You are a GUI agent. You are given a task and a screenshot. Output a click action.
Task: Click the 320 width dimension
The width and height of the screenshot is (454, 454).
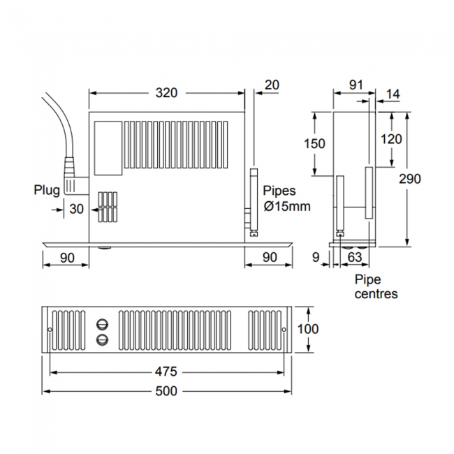coord(167,92)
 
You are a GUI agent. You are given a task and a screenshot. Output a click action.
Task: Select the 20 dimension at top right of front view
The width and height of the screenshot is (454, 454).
coord(272,85)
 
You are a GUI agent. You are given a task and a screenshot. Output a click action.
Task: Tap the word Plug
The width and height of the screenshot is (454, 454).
coord(47,189)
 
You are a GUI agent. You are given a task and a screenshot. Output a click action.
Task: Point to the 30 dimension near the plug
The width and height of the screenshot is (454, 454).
coord(76,208)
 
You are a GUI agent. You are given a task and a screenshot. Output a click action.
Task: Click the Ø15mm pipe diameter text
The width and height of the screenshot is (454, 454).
coord(286,206)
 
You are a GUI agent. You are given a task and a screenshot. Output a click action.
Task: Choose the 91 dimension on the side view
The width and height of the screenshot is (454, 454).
coord(356,85)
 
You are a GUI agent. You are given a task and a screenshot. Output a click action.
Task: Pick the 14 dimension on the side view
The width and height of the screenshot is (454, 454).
coord(393,94)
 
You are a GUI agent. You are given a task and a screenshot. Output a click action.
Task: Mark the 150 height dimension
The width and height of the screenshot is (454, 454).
coord(315,143)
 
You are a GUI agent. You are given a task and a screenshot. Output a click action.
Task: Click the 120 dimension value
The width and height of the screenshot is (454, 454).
coord(391,139)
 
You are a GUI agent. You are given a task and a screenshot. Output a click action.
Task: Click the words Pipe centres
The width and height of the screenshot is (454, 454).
coord(375,286)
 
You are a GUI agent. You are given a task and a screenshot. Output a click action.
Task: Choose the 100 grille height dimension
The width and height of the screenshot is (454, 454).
coord(308,328)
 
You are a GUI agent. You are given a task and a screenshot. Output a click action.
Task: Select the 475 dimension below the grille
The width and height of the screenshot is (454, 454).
coord(166,372)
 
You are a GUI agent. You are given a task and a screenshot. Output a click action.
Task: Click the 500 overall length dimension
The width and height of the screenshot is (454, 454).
coord(166,391)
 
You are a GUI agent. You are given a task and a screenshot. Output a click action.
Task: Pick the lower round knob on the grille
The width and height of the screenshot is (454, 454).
coord(103,339)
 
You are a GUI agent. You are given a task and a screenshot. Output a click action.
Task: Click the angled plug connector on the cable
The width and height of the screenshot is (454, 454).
coord(73,177)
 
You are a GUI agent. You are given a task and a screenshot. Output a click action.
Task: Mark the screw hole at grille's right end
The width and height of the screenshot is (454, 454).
coord(284,329)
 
